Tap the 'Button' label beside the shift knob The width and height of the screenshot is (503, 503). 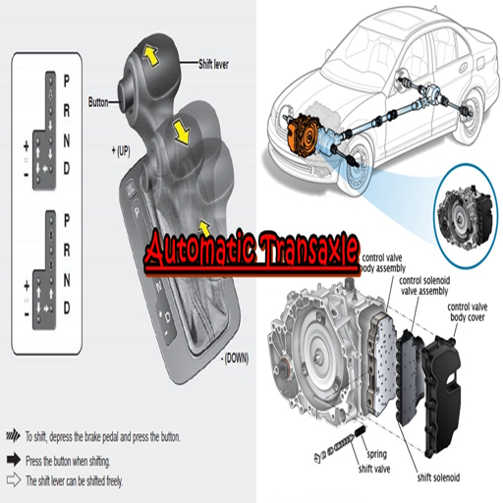click(x=99, y=101)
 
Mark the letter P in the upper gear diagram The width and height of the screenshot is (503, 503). click(x=66, y=77)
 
